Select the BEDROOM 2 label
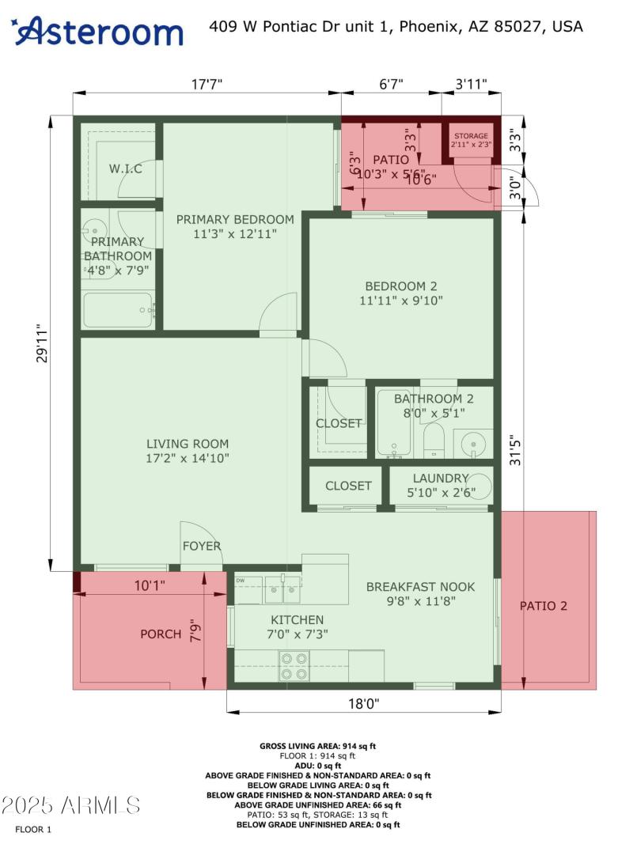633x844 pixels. tap(400, 286)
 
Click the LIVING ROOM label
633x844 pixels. tap(188, 444)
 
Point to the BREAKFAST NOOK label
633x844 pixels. tap(420, 586)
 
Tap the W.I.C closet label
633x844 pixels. tap(125, 168)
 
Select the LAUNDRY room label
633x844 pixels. tap(440, 478)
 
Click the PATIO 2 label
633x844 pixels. tap(544, 606)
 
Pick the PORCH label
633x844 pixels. tap(161, 634)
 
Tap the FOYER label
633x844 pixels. tap(202, 546)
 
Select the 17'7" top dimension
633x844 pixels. tap(207, 84)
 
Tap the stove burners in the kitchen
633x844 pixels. tap(295, 659)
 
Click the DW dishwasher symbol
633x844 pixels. tap(240, 580)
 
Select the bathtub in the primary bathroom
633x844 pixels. tap(118, 310)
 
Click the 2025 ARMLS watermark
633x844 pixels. tap(71, 805)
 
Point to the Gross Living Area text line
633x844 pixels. tap(318, 746)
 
